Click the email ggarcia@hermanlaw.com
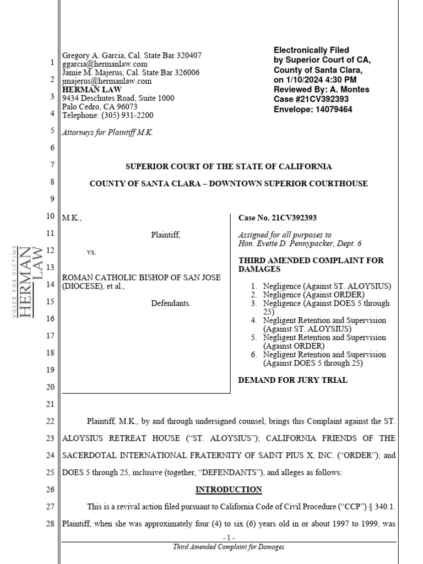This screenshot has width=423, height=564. (x=105, y=64)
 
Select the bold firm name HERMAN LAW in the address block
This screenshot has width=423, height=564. (x=92, y=89)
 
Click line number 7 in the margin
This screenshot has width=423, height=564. (x=52, y=165)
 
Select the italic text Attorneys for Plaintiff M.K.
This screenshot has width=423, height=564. (x=107, y=132)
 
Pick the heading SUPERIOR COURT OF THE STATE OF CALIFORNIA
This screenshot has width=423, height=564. (x=229, y=166)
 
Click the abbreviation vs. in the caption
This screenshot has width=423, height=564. (x=91, y=252)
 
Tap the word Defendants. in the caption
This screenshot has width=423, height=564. (x=171, y=303)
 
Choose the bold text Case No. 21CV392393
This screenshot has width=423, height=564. (x=277, y=218)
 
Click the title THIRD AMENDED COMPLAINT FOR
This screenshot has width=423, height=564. (x=311, y=261)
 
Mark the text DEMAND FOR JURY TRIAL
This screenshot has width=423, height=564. (x=292, y=380)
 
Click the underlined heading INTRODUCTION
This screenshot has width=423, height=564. (x=229, y=490)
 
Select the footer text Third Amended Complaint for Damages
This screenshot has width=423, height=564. (x=229, y=547)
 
